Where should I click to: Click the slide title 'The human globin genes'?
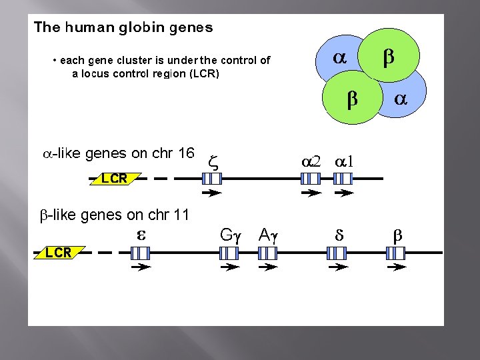tap(123, 28)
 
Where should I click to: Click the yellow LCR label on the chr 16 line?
tap(113, 179)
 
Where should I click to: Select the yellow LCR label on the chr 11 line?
tap(58, 253)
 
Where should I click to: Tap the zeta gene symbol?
tap(213, 161)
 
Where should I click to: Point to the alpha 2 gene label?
tap(311, 161)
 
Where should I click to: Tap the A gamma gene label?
tap(267, 234)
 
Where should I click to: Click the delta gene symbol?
tap(338, 235)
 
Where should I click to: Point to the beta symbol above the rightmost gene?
tap(397, 235)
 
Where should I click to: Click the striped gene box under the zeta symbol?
tap(211, 179)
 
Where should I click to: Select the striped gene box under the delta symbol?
tap(337, 253)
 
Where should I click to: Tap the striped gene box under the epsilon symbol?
tap(140, 253)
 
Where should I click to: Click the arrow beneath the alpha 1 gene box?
tap(344, 193)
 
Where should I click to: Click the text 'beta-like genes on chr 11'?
tap(115, 215)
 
